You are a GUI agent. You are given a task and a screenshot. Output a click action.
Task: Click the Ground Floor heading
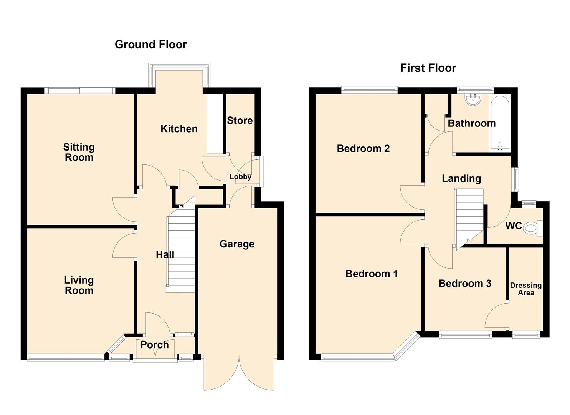150,45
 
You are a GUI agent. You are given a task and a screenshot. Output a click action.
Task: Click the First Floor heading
428,68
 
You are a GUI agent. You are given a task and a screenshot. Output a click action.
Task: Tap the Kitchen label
179,129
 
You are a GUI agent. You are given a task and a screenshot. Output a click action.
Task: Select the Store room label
240,121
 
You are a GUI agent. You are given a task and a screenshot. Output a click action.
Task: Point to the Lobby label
240,177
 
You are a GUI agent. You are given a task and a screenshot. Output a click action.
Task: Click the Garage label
237,244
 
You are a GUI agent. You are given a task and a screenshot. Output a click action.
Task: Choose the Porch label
154,345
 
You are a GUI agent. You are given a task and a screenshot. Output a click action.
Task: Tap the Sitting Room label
79,152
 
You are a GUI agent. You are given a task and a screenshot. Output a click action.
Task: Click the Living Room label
79,285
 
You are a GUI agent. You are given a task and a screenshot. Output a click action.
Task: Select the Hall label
165,254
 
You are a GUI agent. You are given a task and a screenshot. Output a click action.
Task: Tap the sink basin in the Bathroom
471,100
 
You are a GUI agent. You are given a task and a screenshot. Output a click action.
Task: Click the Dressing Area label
525,289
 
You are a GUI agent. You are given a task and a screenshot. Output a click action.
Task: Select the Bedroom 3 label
465,284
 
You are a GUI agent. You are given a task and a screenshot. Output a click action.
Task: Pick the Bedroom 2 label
363,148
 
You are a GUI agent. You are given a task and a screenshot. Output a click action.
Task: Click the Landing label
461,178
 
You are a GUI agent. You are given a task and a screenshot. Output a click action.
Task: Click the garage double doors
239,373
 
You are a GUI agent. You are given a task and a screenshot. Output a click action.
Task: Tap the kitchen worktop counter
215,123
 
